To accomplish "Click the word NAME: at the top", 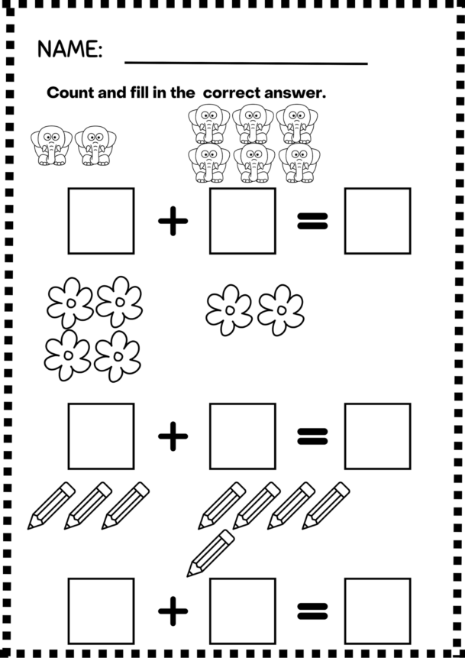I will click(x=69, y=50).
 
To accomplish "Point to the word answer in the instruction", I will click(x=295, y=93).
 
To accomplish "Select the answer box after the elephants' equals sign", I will click(x=377, y=221).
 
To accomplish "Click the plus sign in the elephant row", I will click(x=173, y=222).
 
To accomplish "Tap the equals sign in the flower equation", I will click(x=312, y=436).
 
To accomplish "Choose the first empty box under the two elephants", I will click(x=101, y=221).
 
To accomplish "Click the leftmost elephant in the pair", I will click(x=51, y=145).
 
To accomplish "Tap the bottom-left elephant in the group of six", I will click(x=209, y=163).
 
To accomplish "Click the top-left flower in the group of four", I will click(x=70, y=303).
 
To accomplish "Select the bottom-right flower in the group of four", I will click(x=117, y=356).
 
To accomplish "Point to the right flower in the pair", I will click(x=281, y=310).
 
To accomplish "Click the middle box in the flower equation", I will click(x=243, y=436).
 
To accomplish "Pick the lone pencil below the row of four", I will click(x=211, y=553).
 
